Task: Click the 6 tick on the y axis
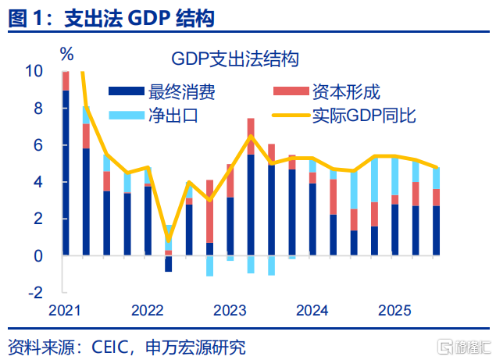(37, 145)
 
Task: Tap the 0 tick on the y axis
(37, 255)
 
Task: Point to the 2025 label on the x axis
(394, 311)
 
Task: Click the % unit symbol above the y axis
(67, 55)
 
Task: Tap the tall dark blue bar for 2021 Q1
(66, 172)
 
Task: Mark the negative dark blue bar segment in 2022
(169, 263)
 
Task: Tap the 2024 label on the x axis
(312, 311)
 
